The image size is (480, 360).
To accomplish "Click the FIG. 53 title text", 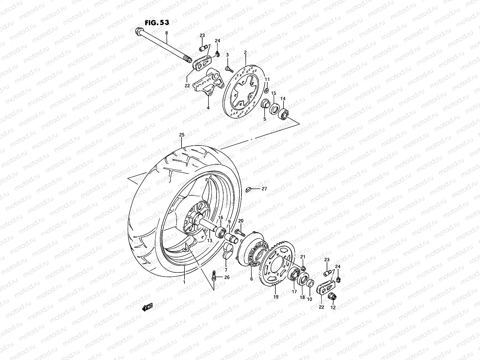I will click(x=157, y=22).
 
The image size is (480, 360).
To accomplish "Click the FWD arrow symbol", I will click(x=147, y=307).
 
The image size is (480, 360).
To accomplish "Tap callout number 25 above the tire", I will click(x=181, y=135).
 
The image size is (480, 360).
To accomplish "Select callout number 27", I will click(x=264, y=189).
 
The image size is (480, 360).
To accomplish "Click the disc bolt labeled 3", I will click(x=229, y=69).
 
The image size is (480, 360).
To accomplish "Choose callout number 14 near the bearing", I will click(x=283, y=99).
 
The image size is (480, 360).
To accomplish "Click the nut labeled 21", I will click(x=303, y=268).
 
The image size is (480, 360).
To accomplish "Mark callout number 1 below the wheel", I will click(x=184, y=282).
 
